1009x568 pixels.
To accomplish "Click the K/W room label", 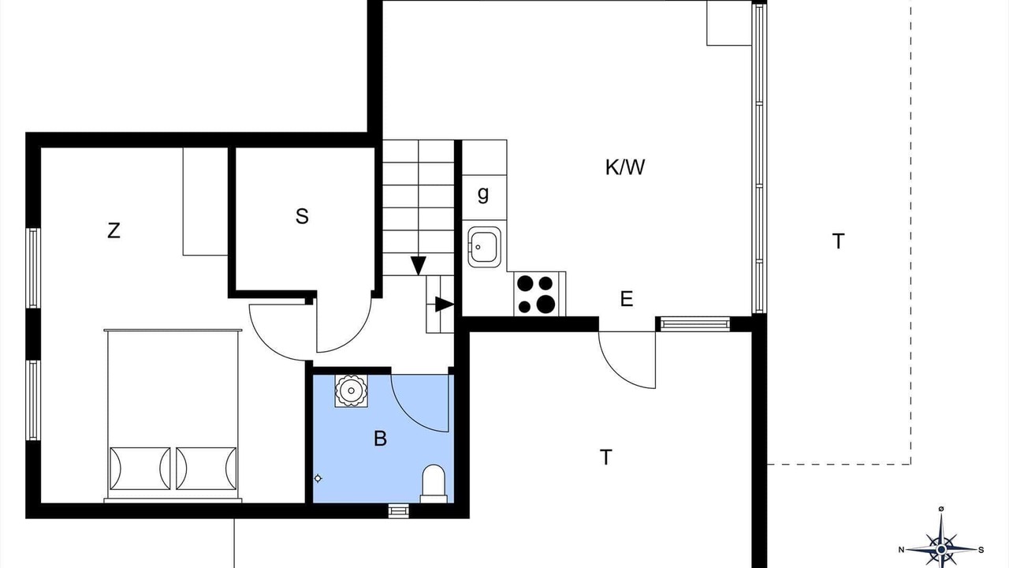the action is tap(625, 167).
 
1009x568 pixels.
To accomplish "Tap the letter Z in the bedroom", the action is tap(114, 231).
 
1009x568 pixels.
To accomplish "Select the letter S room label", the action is tap(302, 216).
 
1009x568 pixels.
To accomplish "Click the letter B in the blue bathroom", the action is tap(380, 438).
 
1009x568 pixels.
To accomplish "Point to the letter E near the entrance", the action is tap(627, 299).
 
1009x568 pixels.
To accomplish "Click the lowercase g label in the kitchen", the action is tap(483, 195).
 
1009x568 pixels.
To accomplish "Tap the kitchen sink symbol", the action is tap(484, 247).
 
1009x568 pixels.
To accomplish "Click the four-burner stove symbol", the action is tap(540, 294).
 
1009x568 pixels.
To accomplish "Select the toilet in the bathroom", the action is tap(434, 484).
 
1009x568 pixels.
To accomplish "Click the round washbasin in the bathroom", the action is tap(351, 390).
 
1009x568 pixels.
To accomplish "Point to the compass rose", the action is tap(941, 550).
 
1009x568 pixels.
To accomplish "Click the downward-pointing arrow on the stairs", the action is tap(419, 266).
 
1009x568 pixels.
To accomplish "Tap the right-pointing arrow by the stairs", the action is tap(444, 305).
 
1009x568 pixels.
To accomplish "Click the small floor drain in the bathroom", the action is tap(318, 478).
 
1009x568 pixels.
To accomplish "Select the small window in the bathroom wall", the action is tap(399, 510).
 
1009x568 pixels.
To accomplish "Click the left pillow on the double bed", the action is tap(140, 469).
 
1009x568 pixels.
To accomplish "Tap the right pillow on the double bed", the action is tap(207, 469).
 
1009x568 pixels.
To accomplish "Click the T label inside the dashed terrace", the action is tap(838, 241).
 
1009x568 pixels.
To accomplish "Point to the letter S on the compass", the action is tap(981, 550).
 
